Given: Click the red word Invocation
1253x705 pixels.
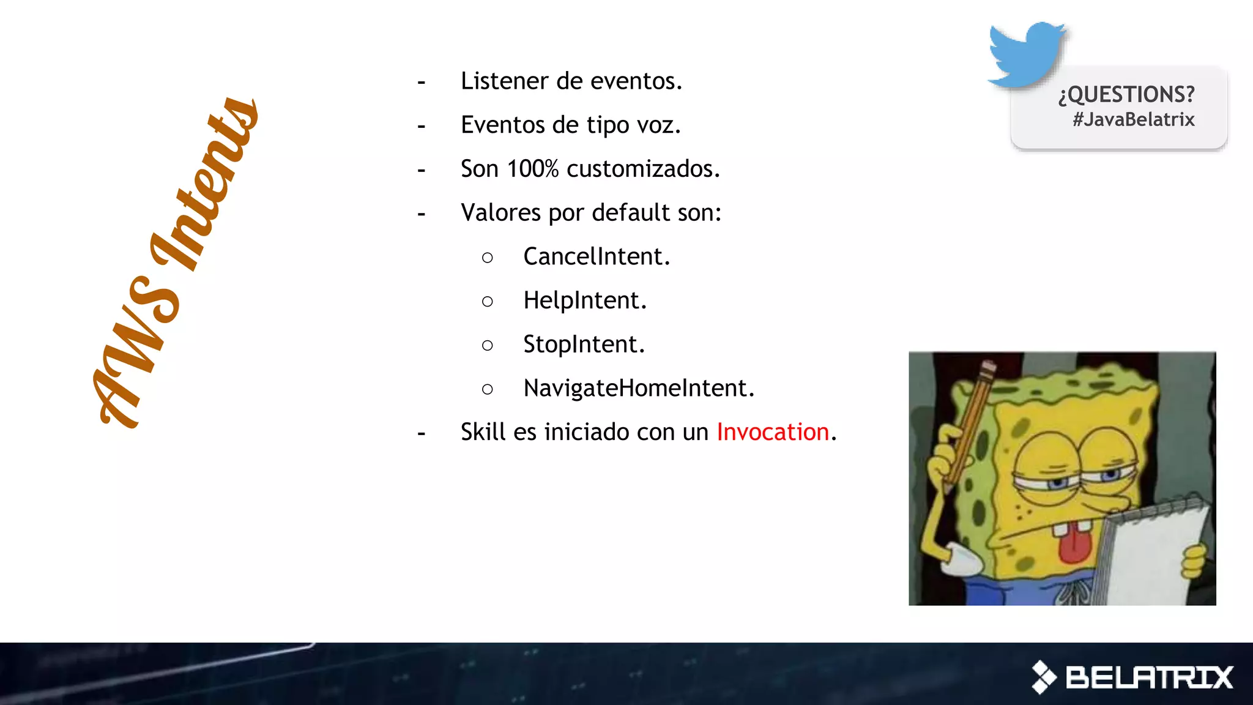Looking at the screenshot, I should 772,432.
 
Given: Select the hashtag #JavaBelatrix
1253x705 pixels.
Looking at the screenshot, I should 1133,119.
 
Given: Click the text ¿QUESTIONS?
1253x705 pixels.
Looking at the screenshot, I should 1126,94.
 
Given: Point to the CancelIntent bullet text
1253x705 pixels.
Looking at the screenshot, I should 597,256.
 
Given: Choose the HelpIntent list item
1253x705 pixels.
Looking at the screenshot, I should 584,300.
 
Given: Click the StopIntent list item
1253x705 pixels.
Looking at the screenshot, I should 584,345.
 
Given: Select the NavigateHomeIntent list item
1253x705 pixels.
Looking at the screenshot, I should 639,389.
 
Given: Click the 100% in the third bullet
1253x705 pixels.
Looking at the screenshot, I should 532,169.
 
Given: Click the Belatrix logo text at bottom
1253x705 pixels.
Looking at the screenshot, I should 1149,677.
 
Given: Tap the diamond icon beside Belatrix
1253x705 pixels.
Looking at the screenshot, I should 1044,677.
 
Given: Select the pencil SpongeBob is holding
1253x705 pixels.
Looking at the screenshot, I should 970,422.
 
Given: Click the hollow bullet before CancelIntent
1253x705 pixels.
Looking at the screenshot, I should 487,258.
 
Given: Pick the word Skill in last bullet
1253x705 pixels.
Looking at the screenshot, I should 483,432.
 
